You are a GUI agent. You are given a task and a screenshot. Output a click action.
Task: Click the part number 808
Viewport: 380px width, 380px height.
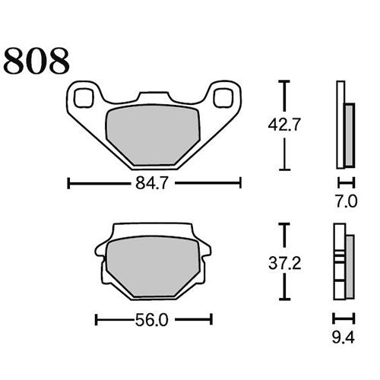pyautogui.click(x=38, y=61)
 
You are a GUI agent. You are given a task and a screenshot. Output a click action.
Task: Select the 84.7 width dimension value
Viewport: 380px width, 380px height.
pyautogui.click(x=155, y=183)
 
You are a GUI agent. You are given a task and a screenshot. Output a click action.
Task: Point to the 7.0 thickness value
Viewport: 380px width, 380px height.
pyautogui.click(x=346, y=201)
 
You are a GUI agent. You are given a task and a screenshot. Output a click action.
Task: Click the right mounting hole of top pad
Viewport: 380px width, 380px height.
pyautogui.click(x=223, y=97)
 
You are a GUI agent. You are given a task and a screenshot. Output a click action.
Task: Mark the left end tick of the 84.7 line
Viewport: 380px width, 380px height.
pyautogui.click(x=69, y=183)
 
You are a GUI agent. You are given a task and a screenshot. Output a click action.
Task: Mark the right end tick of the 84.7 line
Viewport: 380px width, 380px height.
pyautogui.click(x=240, y=183)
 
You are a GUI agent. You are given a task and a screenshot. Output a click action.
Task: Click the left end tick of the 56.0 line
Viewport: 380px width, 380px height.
pyautogui.click(x=95, y=320)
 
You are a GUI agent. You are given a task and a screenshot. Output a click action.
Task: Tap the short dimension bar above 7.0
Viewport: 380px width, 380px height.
pyautogui.click(x=346, y=183)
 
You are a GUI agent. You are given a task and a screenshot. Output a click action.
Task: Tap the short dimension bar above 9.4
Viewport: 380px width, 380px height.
pyautogui.click(x=346, y=318)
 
